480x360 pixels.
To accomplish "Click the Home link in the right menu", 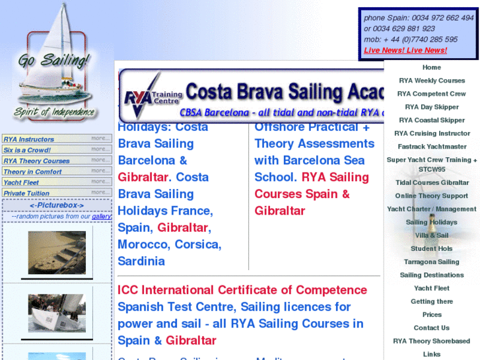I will pos(431,67).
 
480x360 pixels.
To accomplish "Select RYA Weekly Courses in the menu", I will pos(432,81).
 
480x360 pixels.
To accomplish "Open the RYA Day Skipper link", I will pos(432,107).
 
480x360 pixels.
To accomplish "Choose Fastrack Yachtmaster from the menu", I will pos(432,147).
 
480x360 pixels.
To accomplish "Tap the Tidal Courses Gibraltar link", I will pos(432,183).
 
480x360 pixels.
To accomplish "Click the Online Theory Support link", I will pos(432,196).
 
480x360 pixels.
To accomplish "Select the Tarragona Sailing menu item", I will pos(432,262).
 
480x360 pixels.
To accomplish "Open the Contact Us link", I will pos(432,328).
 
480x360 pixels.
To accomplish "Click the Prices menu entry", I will pos(432,315).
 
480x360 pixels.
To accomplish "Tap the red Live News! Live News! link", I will pos(405,50).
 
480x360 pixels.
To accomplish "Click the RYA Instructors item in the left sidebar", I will pos(29,139).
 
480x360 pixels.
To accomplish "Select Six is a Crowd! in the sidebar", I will pos(27,150).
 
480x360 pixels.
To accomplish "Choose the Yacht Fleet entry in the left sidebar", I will pos(22,182).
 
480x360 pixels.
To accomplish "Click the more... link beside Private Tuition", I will pos(100,193).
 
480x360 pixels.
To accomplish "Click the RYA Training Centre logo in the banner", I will pos(149,96).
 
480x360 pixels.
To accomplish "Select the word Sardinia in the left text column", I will pos(141,261).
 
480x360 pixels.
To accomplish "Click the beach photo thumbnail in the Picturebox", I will pos(57,252).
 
